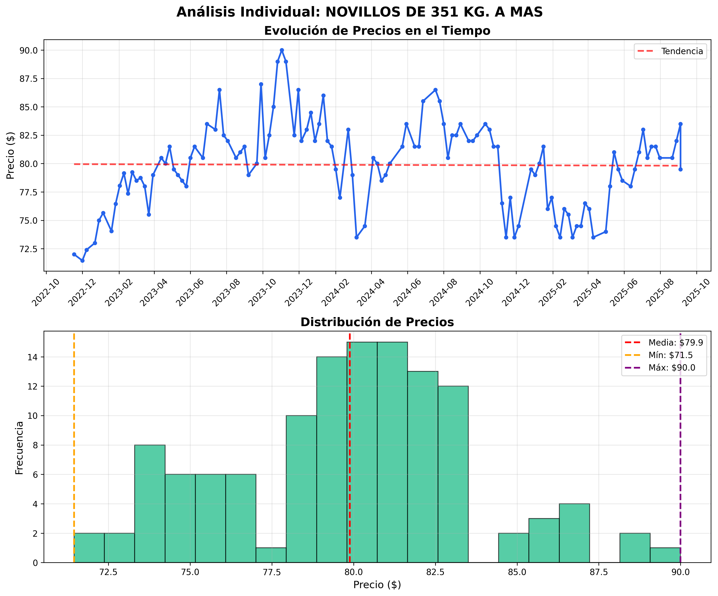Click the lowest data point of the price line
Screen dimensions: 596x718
pos(82,261)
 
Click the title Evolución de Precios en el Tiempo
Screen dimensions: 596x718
pos(377,31)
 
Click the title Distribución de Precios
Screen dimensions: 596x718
pos(377,322)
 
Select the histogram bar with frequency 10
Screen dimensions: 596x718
pos(301,489)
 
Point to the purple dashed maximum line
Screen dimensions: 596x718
pos(680,444)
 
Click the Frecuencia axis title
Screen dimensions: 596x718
pos(20,448)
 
